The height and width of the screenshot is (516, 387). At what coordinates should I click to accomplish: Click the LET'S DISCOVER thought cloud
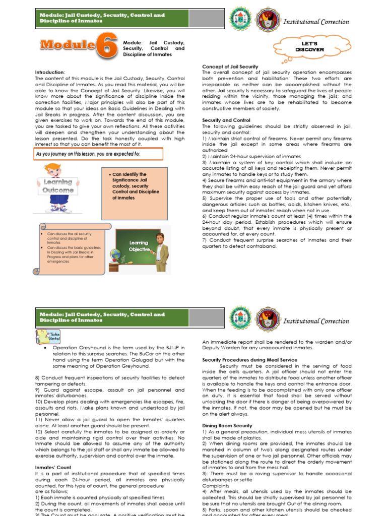[x=309, y=47]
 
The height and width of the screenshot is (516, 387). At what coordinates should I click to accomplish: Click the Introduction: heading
[x=50, y=72]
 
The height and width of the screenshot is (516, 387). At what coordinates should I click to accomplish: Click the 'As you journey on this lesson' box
[x=98, y=153]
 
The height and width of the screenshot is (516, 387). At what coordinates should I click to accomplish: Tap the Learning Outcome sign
[x=57, y=186]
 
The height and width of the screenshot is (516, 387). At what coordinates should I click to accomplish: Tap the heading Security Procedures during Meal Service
[x=249, y=360]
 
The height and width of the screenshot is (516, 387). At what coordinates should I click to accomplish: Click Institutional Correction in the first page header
[x=316, y=22]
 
